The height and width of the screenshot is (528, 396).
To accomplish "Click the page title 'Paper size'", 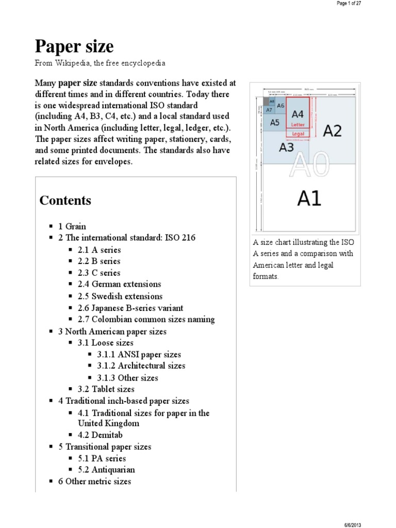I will pos(74,47).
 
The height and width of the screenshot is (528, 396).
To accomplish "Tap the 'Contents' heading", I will pos(65,201).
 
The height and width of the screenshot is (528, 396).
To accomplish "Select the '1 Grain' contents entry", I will pos(72,226).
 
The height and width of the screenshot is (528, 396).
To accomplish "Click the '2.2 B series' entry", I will pos(99,261).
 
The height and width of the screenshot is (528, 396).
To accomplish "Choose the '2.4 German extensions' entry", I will pos(119,284).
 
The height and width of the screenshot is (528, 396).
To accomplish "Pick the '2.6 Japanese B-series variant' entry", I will pos(130,308).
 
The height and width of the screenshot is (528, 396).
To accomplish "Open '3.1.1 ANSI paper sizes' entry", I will pos(139,354).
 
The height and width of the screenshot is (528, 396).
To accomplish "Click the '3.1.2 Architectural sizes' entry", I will pos(141,366).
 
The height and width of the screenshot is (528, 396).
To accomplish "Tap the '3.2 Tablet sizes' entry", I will pos(106,389).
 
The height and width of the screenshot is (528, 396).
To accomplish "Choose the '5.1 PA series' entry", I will pos(102,458).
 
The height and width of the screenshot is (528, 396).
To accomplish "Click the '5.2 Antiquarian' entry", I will pos(106,470).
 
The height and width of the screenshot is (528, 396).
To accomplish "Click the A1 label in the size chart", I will pos(309,197).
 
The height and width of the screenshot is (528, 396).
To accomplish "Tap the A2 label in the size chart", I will pos(332,130).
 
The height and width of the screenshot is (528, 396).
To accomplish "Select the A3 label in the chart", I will pos(286,148).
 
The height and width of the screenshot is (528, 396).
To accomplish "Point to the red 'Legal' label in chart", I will pos(298,134).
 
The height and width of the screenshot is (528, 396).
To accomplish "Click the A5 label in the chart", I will pos(274,123).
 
